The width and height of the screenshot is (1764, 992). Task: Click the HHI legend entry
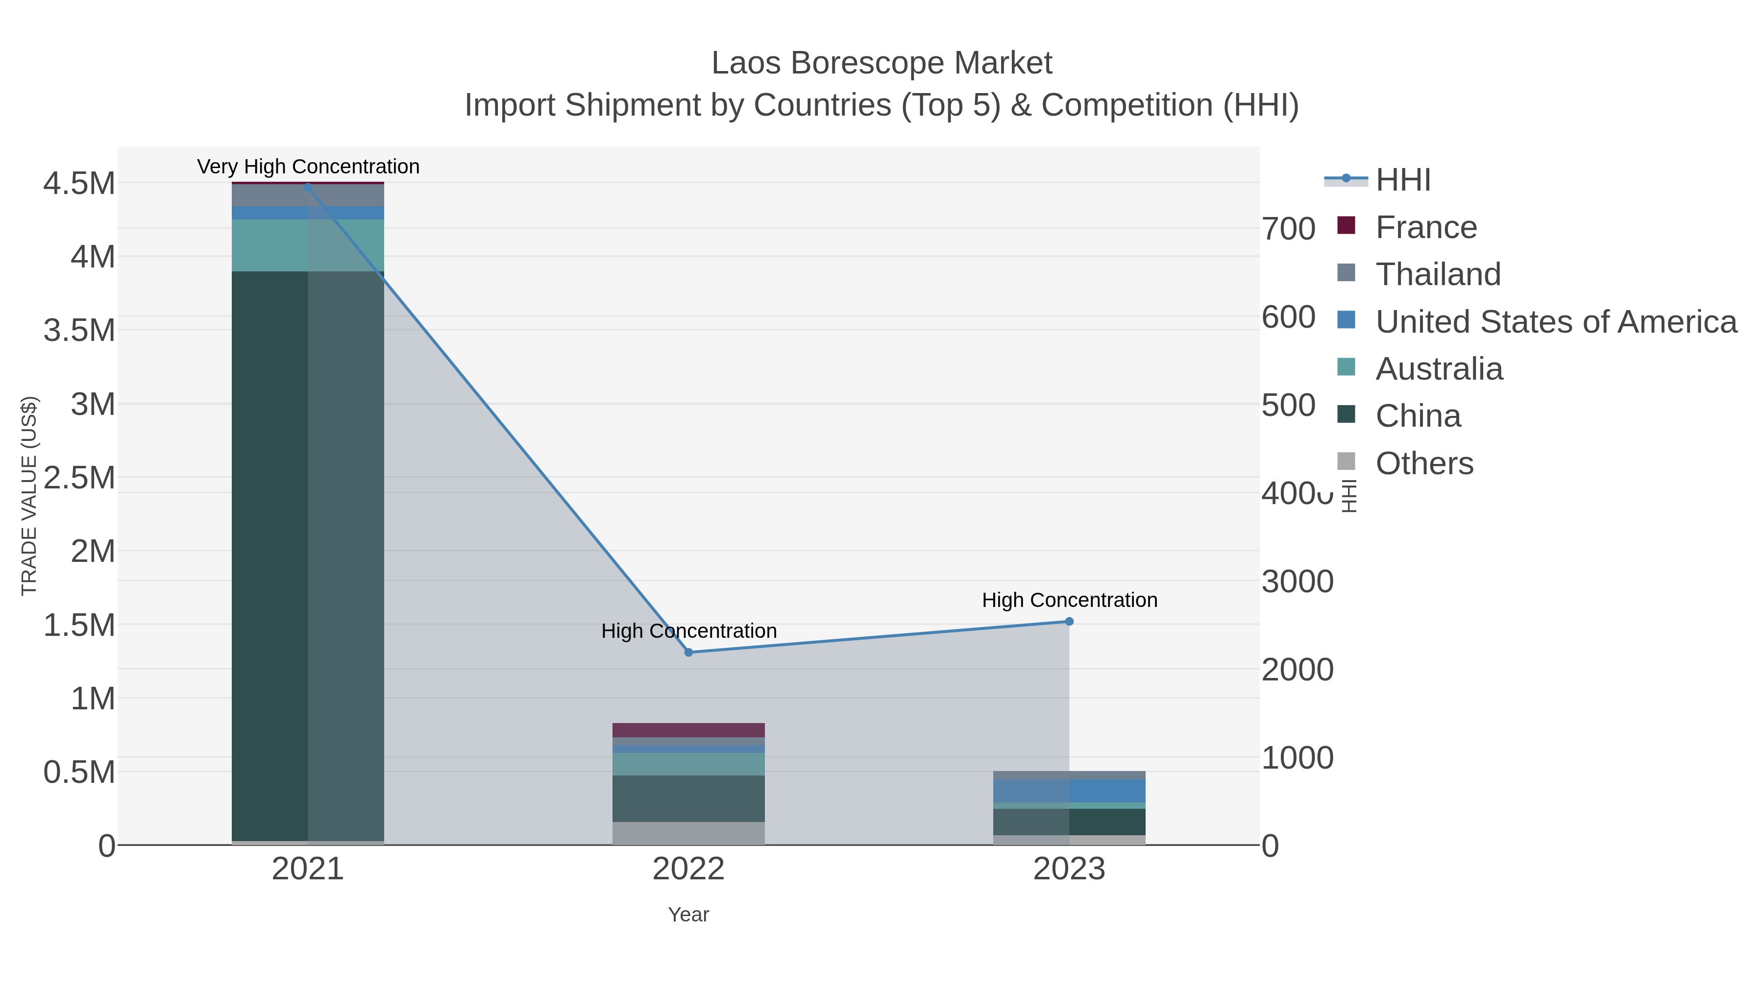pyautogui.click(x=1402, y=180)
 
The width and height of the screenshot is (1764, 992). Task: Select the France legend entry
pyautogui.click(x=1426, y=227)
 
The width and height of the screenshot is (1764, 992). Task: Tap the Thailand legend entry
pyautogui.click(x=1437, y=274)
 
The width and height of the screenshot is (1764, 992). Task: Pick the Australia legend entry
pyautogui.click(x=1439, y=369)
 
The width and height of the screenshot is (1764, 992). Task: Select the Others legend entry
pyautogui.click(x=1423, y=463)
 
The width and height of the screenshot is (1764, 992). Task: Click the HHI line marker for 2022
pyautogui.click(x=689, y=653)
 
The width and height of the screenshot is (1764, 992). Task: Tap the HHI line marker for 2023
pyautogui.click(x=1069, y=622)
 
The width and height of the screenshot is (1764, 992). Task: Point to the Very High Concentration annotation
pyautogui.click(x=308, y=167)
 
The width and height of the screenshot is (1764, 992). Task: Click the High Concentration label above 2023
pyautogui.click(x=1069, y=601)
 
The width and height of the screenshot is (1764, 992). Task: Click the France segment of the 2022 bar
pyautogui.click(x=688, y=730)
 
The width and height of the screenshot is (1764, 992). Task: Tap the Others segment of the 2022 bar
pyautogui.click(x=688, y=833)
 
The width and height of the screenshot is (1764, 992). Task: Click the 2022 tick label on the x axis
pyautogui.click(x=688, y=870)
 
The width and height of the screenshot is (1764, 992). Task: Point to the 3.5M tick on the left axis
pyautogui.click(x=79, y=331)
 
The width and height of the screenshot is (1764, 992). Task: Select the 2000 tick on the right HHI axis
pyautogui.click(x=1297, y=670)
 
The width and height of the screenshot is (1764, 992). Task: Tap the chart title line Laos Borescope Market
pyautogui.click(x=882, y=63)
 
